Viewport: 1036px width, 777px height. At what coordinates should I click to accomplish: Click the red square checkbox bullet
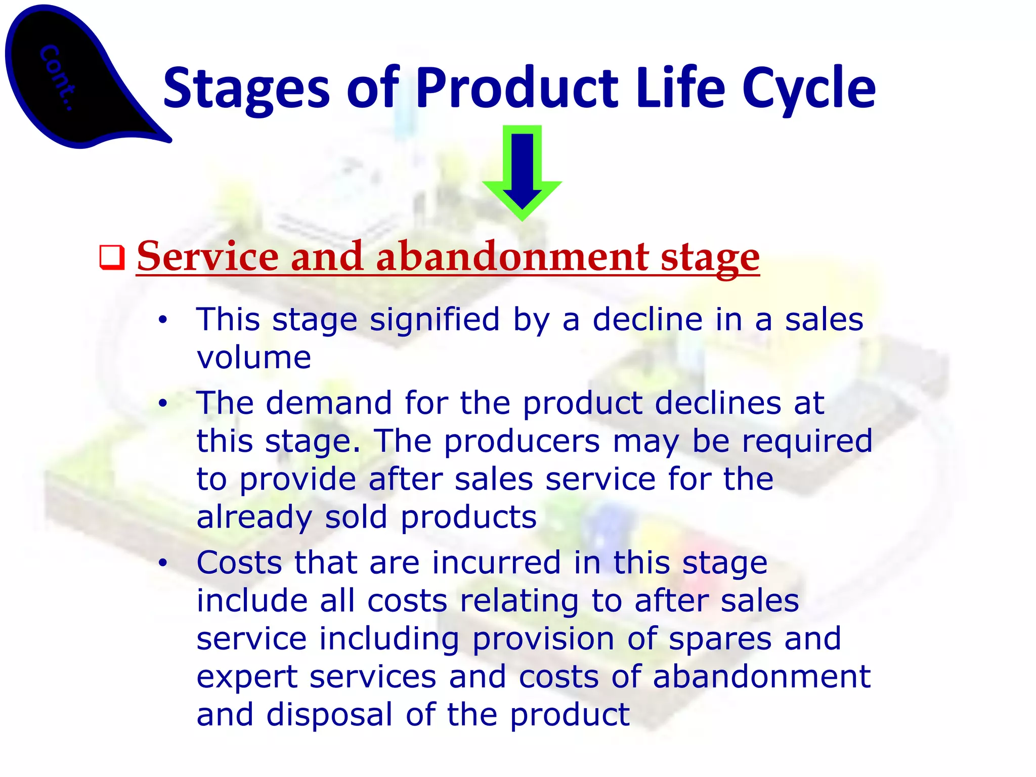[112, 257]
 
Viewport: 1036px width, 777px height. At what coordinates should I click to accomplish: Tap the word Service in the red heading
[207, 256]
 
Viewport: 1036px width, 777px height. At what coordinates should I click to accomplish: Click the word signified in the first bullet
[435, 320]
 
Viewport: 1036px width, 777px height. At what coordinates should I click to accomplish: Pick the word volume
[253, 358]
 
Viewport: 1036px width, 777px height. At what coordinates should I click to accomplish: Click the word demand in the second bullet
[329, 403]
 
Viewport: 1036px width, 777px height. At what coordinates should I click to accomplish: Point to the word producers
[522, 442]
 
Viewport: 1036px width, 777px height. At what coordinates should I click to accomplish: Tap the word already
[254, 517]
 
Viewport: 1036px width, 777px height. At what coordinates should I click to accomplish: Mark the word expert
[246, 677]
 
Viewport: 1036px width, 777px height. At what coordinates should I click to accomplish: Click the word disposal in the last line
[329, 715]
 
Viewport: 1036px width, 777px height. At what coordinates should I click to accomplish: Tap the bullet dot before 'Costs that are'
[162, 563]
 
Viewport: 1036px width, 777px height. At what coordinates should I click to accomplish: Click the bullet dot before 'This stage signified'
[162, 320]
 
